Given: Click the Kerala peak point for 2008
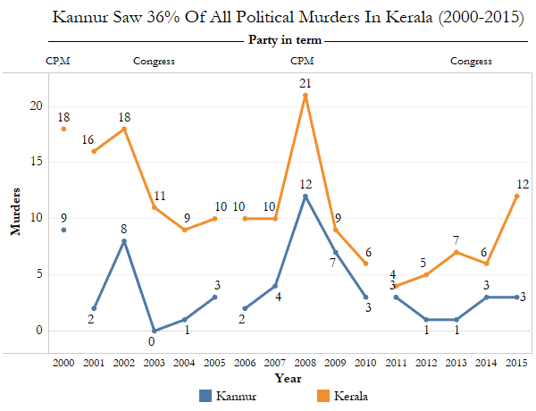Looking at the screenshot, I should coord(306,95).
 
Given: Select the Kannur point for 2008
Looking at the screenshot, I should coord(306,196).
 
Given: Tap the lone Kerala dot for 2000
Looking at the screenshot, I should coord(63,129).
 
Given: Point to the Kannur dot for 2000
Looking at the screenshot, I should coord(63,230).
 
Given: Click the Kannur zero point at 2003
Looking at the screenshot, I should coord(155,331).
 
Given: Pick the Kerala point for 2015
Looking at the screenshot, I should coord(517,196).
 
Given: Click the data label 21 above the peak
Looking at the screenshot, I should coord(306,83).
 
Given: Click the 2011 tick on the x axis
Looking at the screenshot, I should coord(396,365).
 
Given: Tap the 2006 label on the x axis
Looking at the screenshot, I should coord(246,365).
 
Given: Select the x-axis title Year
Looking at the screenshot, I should coord(288,379).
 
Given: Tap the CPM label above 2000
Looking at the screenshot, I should coord(57,62).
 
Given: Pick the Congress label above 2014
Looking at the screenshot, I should coord(471,62).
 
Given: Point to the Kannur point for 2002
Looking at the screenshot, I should coord(124,240).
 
